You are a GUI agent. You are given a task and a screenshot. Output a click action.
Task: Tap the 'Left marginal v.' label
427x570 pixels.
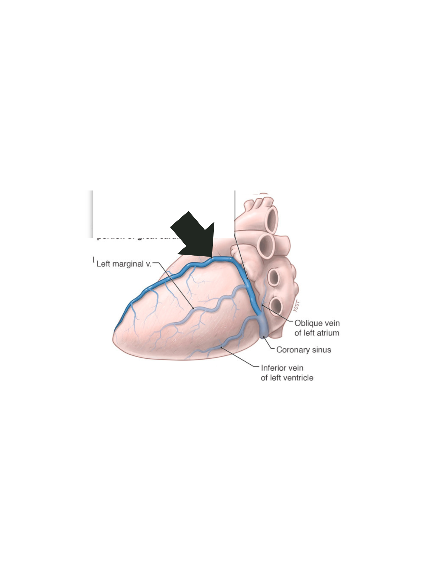click(124, 264)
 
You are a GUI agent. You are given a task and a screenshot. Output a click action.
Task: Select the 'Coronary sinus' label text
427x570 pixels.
click(303, 350)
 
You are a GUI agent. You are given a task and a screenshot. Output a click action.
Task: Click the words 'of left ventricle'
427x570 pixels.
click(287, 378)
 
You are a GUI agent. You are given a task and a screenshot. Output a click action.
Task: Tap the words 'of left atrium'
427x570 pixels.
click(317, 333)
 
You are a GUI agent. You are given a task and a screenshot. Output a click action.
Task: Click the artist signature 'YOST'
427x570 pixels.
click(297, 306)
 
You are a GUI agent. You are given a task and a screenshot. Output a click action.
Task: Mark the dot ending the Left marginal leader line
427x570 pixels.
click(193, 308)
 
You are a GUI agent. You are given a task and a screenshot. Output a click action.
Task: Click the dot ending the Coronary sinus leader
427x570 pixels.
click(264, 337)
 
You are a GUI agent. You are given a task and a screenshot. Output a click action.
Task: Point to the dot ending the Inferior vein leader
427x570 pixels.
click(222, 347)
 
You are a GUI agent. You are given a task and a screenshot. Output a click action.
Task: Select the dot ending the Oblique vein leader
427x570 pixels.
click(262, 305)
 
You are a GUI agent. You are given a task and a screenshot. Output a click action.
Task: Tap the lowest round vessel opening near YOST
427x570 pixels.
click(276, 306)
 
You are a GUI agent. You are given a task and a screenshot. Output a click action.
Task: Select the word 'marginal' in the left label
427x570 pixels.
click(128, 264)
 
